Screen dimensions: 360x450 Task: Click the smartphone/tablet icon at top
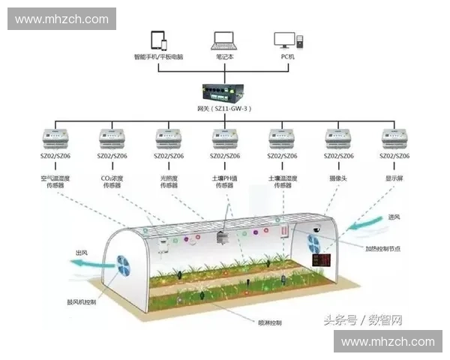click(157, 40)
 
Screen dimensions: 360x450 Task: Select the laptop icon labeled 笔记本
click(224, 40)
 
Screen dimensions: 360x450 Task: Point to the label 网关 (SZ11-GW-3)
click(224, 109)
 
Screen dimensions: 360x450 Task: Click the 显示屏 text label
click(394, 178)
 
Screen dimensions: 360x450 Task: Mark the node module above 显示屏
click(394, 139)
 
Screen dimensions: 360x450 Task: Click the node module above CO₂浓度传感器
click(112, 139)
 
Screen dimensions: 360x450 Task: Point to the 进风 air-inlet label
click(395, 217)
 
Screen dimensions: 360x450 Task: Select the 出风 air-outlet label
click(82, 253)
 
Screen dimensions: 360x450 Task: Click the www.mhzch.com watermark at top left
click(62, 19)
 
